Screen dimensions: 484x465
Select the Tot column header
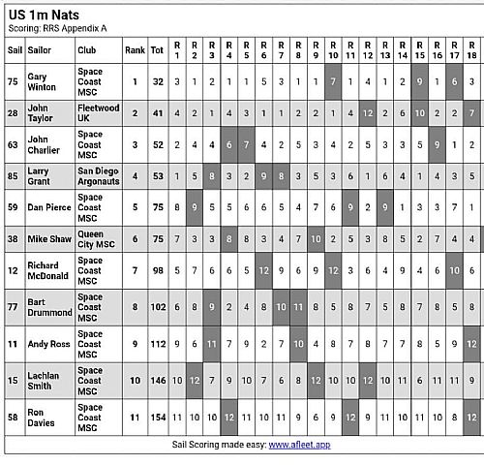(x=157, y=48)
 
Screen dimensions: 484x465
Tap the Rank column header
(x=135, y=48)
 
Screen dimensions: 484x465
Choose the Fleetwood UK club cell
(x=98, y=113)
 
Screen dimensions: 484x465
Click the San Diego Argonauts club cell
(x=98, y=175)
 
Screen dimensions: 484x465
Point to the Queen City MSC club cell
(x=97, y=237)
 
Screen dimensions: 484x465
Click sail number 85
(x=14, y=175)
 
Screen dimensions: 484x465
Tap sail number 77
(x=14, y=307)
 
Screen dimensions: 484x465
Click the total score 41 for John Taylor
(x=157, y=113)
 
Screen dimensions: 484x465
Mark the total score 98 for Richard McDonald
(x=157, y=270)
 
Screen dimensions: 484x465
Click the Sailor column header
(x=40, y=48)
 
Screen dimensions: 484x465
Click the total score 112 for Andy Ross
(x=157, y=342)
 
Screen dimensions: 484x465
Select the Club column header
(x=88, y=48)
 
